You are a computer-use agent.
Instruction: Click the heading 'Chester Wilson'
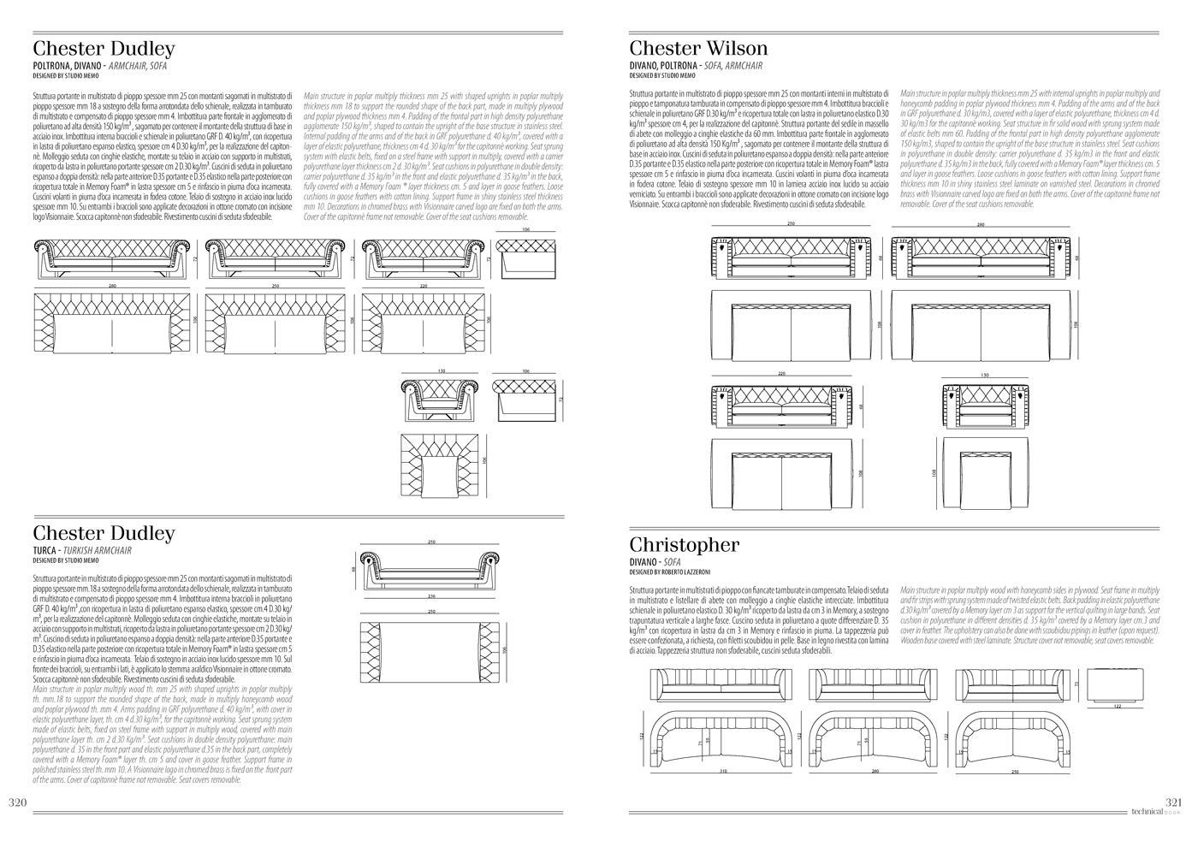pyautogui.click(x=698, y=48)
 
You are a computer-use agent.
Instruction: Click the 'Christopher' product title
pyautogui.click(x=684, y=545)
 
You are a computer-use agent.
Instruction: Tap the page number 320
pyautogui.click(x=21, y=802)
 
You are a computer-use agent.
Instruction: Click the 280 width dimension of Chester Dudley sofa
pyautogui.click(x=112, y=286)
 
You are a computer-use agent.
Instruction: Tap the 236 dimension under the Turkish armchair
pyautogui.click(x=430, y=596)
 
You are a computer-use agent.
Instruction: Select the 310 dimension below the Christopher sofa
pyautogui.click(x=724, y=772)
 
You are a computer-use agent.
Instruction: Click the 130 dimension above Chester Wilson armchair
pyautogui.click(x=985, y=375)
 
